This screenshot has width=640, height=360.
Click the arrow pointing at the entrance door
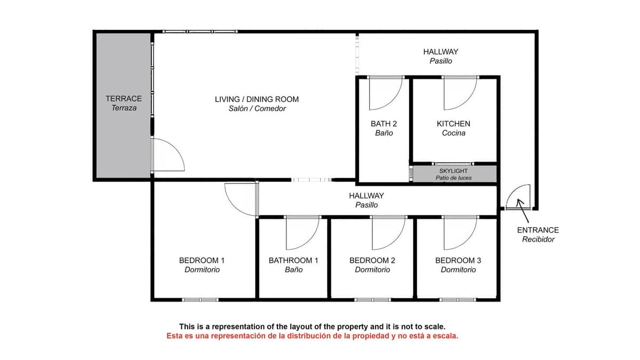pos(522,211)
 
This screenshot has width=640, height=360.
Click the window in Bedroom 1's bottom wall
pos(201,300)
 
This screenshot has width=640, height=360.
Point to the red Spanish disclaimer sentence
pos(313,336)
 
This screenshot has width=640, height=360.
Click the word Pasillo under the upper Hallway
pos(441,61)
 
